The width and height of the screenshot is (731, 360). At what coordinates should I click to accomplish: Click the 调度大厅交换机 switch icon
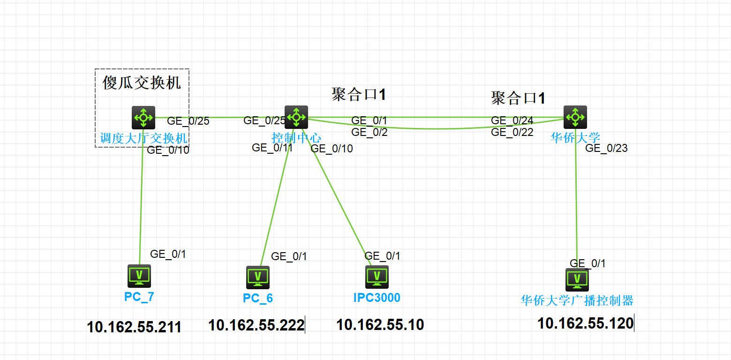coord(143,117)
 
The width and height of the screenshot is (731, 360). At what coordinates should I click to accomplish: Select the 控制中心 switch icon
coord(296,117)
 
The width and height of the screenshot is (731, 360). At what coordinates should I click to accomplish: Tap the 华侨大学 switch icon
coord(575,117)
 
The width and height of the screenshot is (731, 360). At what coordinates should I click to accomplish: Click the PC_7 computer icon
coord(139,276)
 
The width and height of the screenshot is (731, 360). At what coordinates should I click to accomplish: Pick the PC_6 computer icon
coord(258,277)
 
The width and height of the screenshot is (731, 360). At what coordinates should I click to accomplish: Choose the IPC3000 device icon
coord(377,277)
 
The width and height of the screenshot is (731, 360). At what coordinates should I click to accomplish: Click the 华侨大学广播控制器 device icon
coord(577,280)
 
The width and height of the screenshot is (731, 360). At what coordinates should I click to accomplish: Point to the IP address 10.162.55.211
coord(134,327)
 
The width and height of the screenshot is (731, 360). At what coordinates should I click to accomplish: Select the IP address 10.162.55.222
coord(256,325)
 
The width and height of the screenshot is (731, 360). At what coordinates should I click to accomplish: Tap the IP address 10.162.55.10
coord(380,324)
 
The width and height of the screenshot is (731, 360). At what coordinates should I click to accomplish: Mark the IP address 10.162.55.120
coord(585,323)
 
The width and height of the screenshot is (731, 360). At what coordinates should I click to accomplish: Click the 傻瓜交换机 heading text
coord(142,83)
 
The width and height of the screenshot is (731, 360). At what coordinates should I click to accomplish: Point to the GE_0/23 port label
coord(606,148)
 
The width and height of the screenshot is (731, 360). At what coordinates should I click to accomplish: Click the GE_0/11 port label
coord(272,148)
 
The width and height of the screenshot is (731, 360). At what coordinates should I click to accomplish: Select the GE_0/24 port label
coord(512,120)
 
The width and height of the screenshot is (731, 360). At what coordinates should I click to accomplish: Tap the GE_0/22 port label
coord(512,132)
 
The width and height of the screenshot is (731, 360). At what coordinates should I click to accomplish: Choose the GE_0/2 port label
coord(369,132)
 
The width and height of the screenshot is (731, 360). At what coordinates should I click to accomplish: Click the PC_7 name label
coord(139,297)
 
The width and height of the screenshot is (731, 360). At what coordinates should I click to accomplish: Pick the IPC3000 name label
coord(377,298)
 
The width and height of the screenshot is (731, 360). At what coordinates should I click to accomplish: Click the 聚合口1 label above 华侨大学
coord(518,98)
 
